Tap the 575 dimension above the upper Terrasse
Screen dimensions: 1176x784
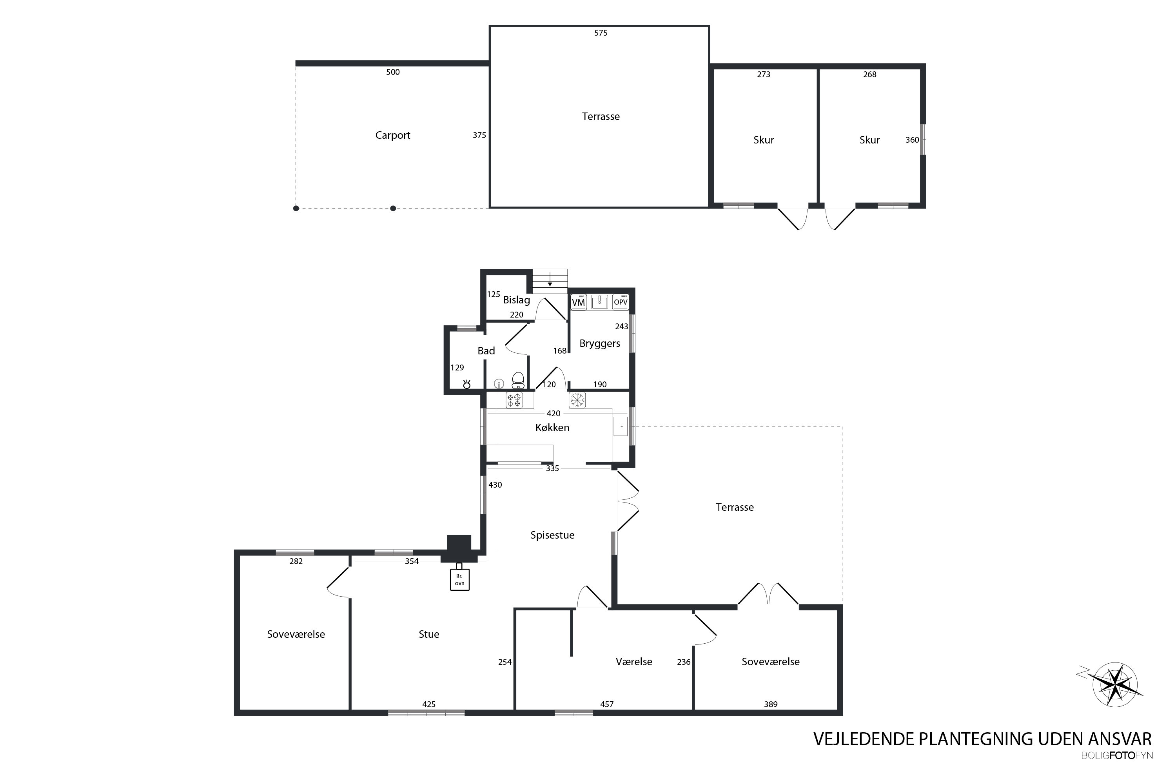(x=601, y=33)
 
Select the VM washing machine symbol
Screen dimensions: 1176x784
(x=579, y=302)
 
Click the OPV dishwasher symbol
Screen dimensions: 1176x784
(x=621, y=302)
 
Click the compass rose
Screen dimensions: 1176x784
(x=1114, y=684)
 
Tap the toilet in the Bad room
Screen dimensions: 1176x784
(x=518, y=381)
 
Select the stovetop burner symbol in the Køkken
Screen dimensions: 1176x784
(x=514, y=400)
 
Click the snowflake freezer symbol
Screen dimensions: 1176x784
(x=577, y=400)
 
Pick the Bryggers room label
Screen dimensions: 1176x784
(x=599, y=343)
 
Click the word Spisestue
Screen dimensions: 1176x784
(x=552, y=535)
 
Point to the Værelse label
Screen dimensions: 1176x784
(x=633, y=662)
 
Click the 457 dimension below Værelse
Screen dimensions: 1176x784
(x=606, y=704)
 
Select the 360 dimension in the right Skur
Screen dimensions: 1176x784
(x=912, y=140)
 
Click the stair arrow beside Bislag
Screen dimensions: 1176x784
(x=550, y=279)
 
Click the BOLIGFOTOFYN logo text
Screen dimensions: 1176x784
(x=1116, y=755)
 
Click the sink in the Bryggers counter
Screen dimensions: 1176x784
(x=599, y=301)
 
